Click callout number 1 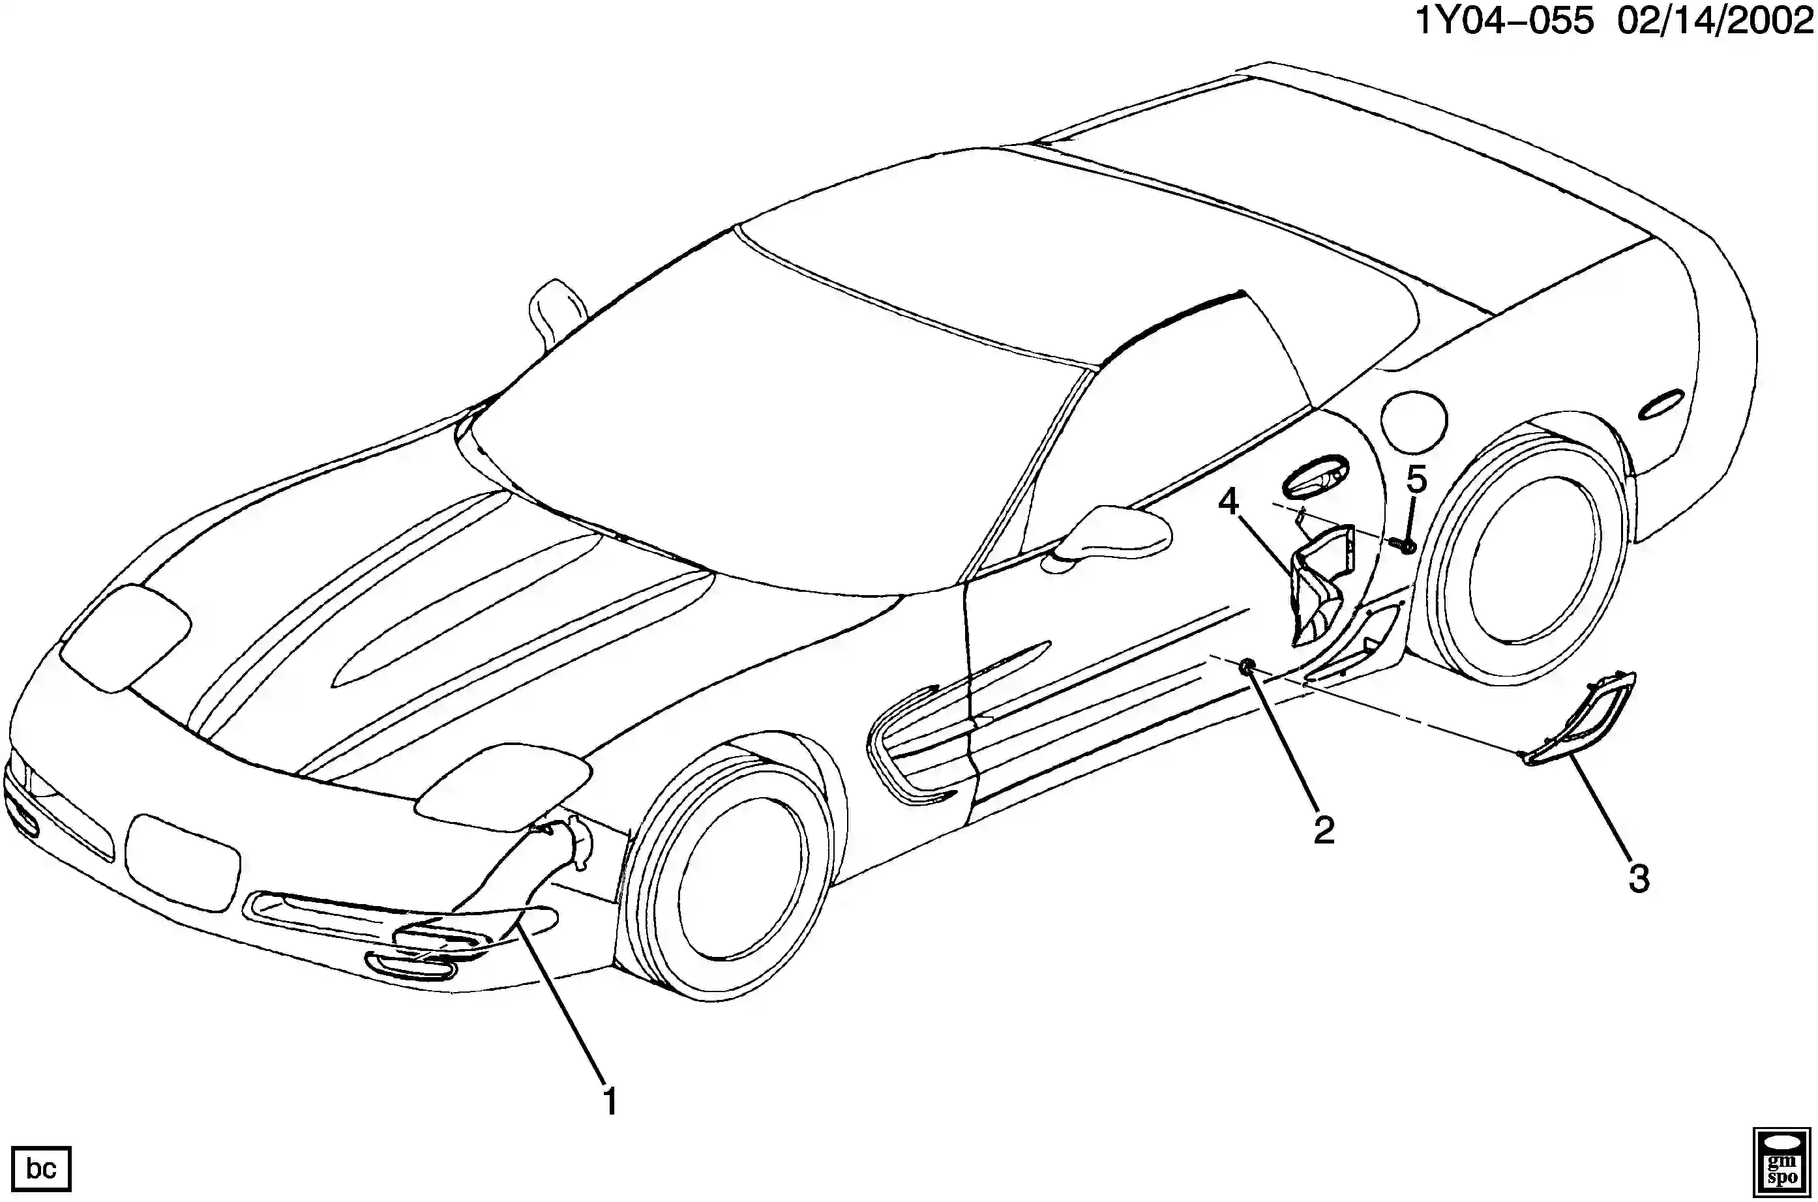[x=610, y=1102]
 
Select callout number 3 [x=1639, y=879]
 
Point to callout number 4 [x=1229, y=502]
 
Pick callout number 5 [x=1416, y=480]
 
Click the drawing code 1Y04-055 [x=1504, y=21]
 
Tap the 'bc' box [x=41, y=1168]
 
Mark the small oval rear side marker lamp [x=1662, y=405]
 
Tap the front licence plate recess [x=183, y=862]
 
